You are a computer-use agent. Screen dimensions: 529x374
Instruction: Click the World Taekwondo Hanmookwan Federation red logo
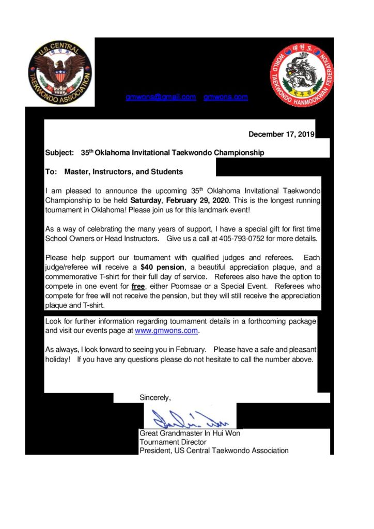pyautogui.click(x=302, y=74)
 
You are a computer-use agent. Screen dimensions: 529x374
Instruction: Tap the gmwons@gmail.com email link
pyautogui.click(x=161, y=97)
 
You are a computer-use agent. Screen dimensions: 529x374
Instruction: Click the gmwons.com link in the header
pyautogui.click(x=226, y=97)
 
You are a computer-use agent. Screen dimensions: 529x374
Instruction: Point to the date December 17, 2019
pyautogui.click(x=282, y=134)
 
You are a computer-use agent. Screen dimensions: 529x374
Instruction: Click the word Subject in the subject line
pyautogui.click(x=59, y=153)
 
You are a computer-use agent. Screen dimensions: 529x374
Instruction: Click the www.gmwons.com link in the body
pyautogui.click(x=166, y=330)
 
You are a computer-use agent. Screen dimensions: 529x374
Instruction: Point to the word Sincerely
pyautogui.click(x=154, y=397)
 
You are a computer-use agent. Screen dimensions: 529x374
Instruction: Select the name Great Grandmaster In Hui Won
pyautogui.click(x=190, y=433)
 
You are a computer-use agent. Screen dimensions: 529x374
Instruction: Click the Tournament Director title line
pyautogui.click(x=173, y=442)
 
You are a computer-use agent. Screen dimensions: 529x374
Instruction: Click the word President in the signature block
pyautogui.click(x=154, y=450)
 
